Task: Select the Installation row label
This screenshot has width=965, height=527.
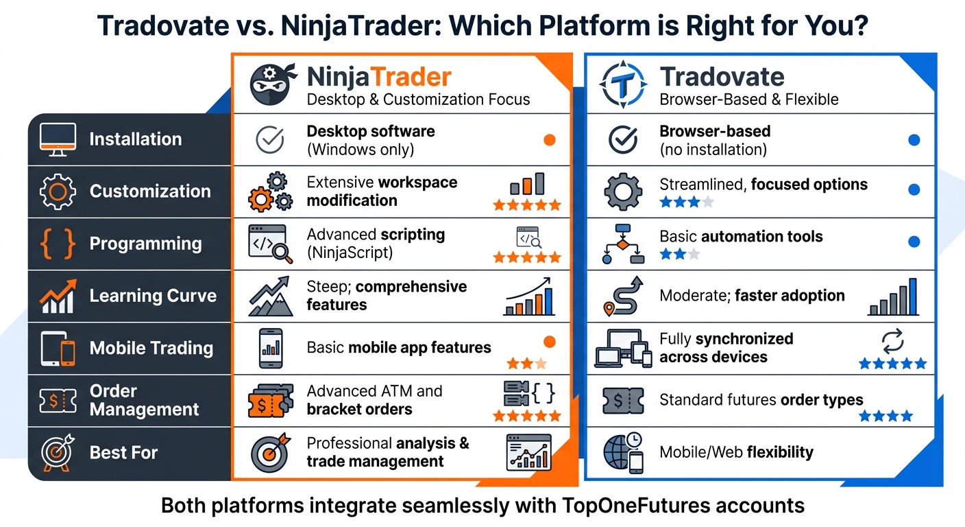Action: click(x=135, y=139)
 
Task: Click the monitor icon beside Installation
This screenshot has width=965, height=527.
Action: click(x=58, y=139)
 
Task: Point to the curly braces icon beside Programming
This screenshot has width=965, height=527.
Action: click(x=58, y=244)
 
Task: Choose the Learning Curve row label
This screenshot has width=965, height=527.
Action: click(x=153, y=296)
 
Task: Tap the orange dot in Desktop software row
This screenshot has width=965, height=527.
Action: click(x=549, y=140)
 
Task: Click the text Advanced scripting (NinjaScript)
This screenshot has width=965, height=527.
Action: click(x=376, y=244)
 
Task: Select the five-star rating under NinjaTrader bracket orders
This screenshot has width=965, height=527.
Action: click(x=526, y=416)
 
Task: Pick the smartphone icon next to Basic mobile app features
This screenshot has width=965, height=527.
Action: click(x=272, y=348)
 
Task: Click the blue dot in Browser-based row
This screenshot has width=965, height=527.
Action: click(x=914, y=140)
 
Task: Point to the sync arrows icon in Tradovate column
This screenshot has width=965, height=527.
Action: click(x=893, y=340)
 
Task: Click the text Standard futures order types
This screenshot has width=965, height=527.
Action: click(x=761, y=399)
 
